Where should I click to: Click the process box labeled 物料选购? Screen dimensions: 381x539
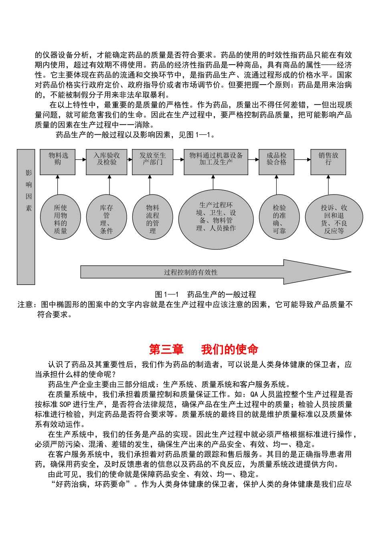tap(58, 162)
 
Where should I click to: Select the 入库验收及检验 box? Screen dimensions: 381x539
tap(107, 162)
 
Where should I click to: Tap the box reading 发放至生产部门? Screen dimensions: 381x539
tap(153, 162)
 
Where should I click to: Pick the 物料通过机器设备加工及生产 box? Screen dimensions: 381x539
tap(216, 162)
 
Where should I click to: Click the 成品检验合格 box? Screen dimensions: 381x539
tap(276, 162)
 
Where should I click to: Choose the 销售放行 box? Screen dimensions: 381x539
tap(328, 162)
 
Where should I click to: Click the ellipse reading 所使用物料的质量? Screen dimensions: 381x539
tap(61, 217)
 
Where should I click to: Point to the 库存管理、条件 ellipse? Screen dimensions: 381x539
tap(107, 217)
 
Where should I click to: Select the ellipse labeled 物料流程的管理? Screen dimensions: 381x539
tap(153, 217)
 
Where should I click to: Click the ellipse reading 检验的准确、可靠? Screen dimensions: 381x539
tap(279, 217)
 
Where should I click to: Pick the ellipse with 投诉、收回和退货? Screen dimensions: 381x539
tap(334, 217)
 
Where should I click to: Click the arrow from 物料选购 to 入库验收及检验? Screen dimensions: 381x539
tap(81, 160)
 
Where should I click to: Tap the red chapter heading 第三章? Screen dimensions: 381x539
tap(166, 349)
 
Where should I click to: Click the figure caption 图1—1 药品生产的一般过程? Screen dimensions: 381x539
tap(205, 294)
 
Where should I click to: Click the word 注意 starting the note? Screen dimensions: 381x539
tap(25, 305)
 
